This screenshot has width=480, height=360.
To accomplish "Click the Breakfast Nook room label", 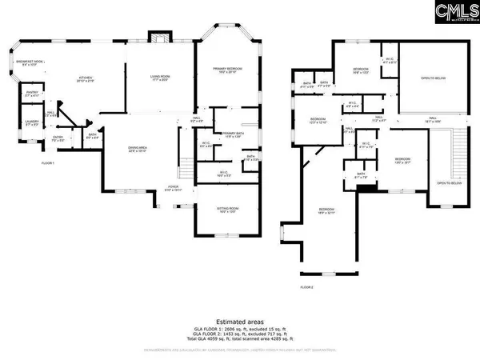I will point(30,62).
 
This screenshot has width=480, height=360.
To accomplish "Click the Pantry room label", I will point(32,94).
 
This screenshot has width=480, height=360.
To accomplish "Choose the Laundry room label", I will point(31,123).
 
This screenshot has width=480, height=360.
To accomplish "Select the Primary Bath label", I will point(233,134).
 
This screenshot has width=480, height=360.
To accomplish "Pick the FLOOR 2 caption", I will point(307,286).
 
